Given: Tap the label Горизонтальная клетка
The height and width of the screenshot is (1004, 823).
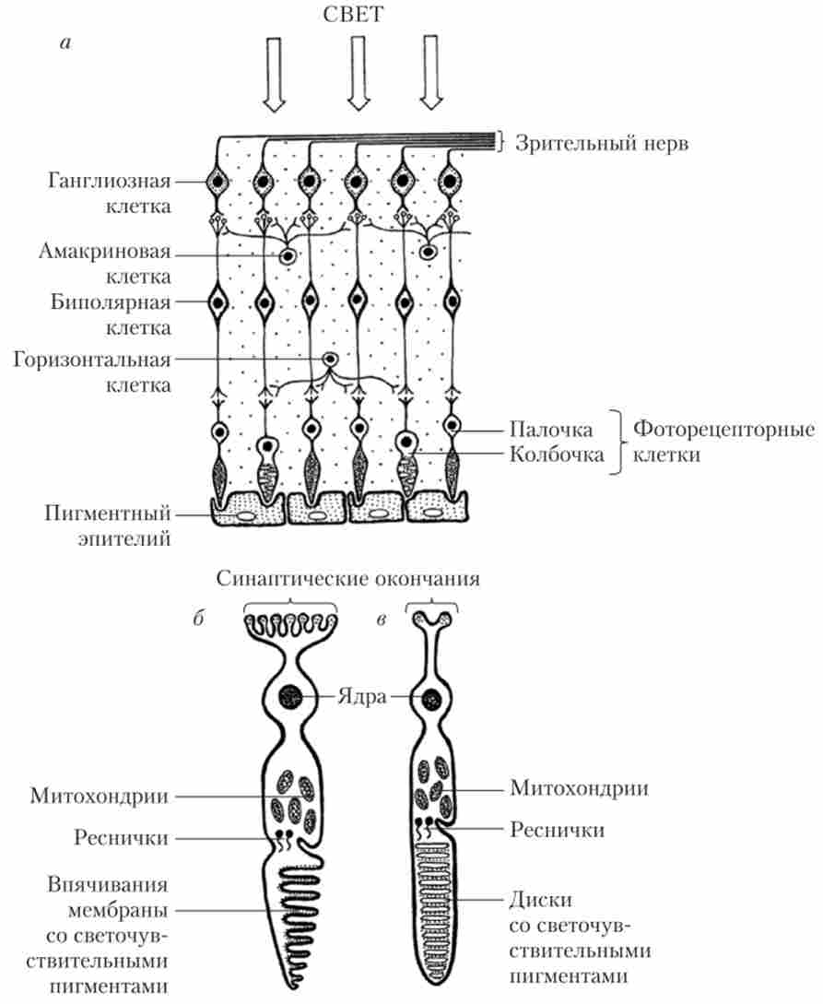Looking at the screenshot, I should pos(93,372).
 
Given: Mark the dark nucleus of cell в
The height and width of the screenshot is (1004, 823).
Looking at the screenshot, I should pos(430,701).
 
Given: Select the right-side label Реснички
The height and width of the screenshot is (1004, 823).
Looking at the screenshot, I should pos(558,830).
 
